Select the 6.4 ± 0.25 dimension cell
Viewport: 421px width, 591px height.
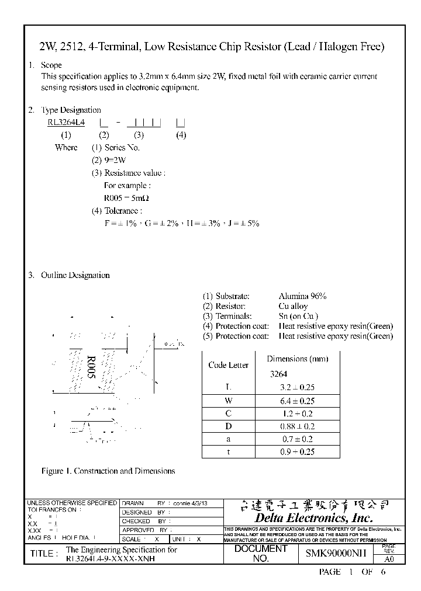click(298, 401)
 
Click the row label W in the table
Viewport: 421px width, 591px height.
click(228, 401)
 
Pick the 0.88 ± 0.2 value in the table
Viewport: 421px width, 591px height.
click(298, 426)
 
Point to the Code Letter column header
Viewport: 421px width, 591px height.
click(228, 365)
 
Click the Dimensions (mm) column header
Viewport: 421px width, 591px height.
click(298, 359)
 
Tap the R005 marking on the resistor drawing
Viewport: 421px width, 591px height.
click(91, 367)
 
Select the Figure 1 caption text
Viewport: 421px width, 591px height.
click(108, 471)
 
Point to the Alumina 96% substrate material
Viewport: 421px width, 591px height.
click(302, 296)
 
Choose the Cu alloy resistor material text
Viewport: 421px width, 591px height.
click(293, 306)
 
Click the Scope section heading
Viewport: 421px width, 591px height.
click(51, 65)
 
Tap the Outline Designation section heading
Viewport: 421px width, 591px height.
click(75, 275)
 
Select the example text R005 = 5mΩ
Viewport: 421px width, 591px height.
click(125, 198)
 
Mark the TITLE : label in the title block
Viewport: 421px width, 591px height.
click(43, 554)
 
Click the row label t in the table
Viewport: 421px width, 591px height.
click(228, 451)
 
